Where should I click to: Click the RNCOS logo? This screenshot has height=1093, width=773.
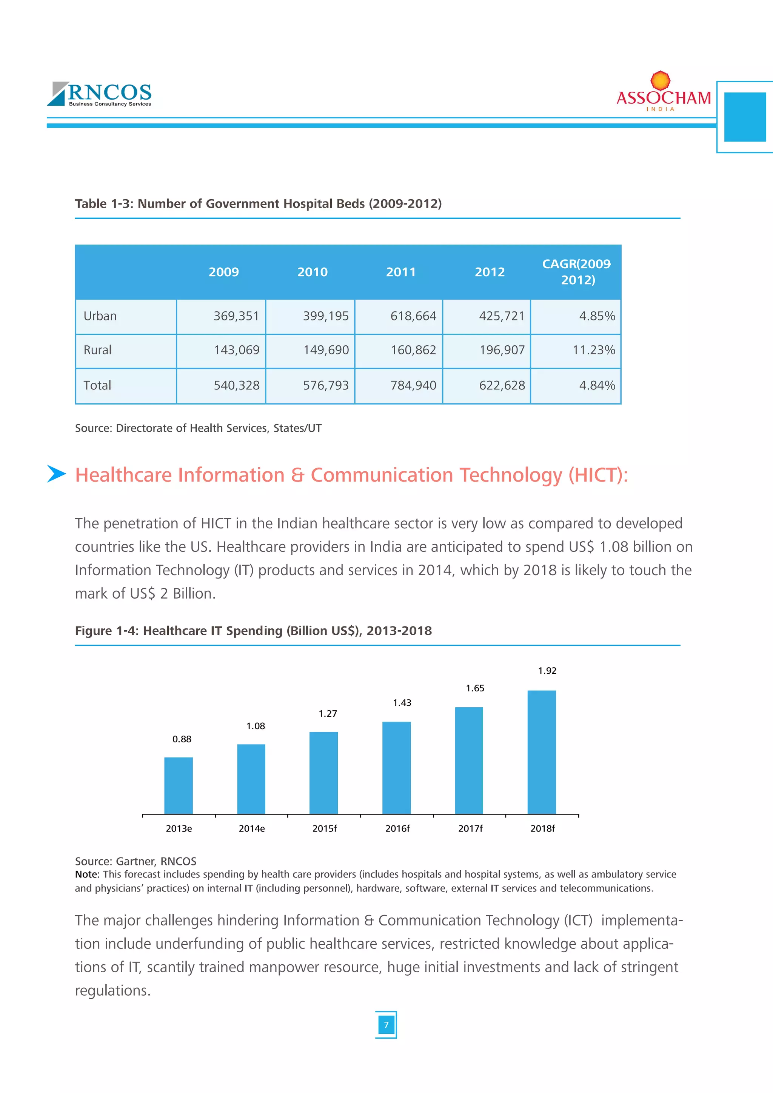click(x=100, y=94)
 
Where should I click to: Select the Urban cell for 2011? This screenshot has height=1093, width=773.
click(x=413, y=316)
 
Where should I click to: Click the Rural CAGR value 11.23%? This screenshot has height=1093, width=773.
click(x=594, y=350)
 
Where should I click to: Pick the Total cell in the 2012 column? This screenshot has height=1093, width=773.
click(x=502, y=386)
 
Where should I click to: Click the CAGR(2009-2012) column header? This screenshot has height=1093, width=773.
click(x=576, y=272)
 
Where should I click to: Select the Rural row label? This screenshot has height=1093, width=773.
click(x=98, y=350)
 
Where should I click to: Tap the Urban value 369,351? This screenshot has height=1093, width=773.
click(x=236, y=316)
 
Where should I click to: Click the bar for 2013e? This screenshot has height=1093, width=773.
click(x=179, y=785)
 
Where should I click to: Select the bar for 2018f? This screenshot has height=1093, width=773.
click(x=542, y=752)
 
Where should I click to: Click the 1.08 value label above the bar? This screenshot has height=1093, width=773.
click(x=256, y=726)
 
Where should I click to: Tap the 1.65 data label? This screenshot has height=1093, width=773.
click(x=475, y=688)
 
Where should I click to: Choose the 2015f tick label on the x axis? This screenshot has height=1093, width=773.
click(x=324, y=829)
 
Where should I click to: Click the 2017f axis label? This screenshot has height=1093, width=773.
click(x=470, y=829)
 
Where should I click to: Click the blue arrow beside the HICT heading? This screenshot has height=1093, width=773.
click(x=56, y=474)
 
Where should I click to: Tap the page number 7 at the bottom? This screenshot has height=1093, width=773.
click(x=386, y=1025)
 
